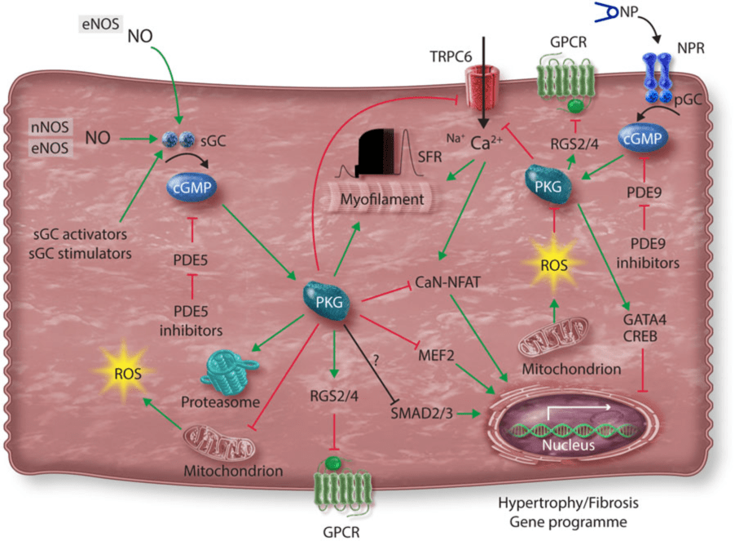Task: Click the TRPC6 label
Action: (x=451, y=57)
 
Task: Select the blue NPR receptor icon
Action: (x=658, y=78)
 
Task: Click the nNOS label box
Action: (x=50, y=126)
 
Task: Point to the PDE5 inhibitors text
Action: (x=191, y=321)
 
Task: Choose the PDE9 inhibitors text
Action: (x=648, y=253)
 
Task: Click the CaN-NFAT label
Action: (x=447, y=282)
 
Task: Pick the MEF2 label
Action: (x=436, y=355)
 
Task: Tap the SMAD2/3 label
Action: (x=422, y=413)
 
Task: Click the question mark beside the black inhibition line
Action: (x=376, y=360)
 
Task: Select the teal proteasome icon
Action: (x=229, y=373)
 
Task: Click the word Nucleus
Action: (x=568, y=445)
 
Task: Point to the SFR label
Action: (x=429, y=156)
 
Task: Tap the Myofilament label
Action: (x=382, y=199)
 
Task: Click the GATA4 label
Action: (x=645, y=320)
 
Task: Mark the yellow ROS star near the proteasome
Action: (x=126, y=373)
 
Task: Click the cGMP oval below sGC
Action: (x=192, y=188)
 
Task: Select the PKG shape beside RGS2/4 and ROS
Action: (x=548, y=184)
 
